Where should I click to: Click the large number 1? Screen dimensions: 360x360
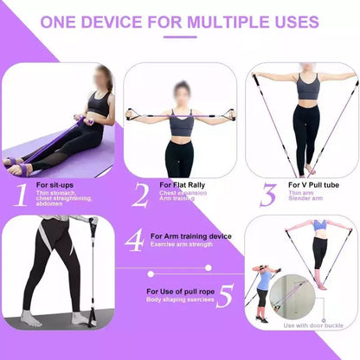click(x=19, y=194)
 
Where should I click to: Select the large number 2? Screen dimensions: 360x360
click(x=140, y=194)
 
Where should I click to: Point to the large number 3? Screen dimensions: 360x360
click(x=268, y=194)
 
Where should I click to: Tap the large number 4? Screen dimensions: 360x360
click(x=133, y=241)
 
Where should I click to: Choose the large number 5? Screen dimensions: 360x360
click(x=224, y=297)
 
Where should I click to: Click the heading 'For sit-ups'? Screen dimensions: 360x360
click(x=55, y=184)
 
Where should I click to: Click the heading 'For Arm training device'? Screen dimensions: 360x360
click(x=191, y=235)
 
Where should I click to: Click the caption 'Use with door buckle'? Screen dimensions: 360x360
click(x=312, y=325)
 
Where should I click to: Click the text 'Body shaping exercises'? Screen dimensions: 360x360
click(x=179, y=300)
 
